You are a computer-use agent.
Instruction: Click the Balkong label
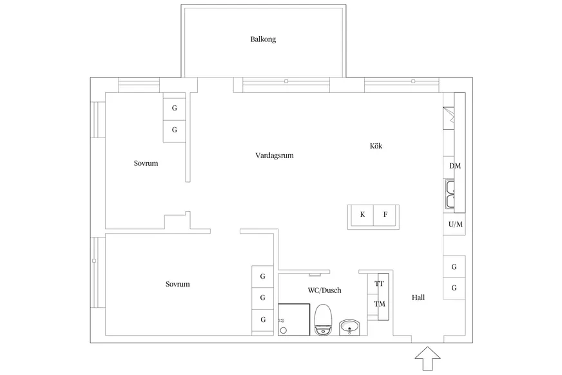(263, 39)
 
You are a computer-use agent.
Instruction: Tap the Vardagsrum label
(275, 156)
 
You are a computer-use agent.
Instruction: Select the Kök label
(376, 146)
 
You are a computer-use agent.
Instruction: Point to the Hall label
(418, 298)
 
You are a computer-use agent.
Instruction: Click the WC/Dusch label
(324, 290)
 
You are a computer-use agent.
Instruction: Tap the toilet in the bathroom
(323, 319)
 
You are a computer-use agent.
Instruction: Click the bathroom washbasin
(349, 327)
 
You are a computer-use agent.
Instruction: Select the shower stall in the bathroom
(294, 319)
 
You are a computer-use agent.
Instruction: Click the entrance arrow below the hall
(427, 358)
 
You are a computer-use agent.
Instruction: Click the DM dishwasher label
(455, 166)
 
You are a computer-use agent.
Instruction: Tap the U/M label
(456, 225)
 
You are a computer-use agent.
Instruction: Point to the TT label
(379, 284)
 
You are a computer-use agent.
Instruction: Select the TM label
(380, 304)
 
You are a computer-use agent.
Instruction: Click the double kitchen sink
(450, 194)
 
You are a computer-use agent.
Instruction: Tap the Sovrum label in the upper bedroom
(146, 163)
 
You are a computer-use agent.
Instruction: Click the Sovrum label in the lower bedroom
(177, 284)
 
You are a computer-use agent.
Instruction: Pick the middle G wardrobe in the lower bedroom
(263, 298)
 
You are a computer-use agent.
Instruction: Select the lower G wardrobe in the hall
(454, 288)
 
